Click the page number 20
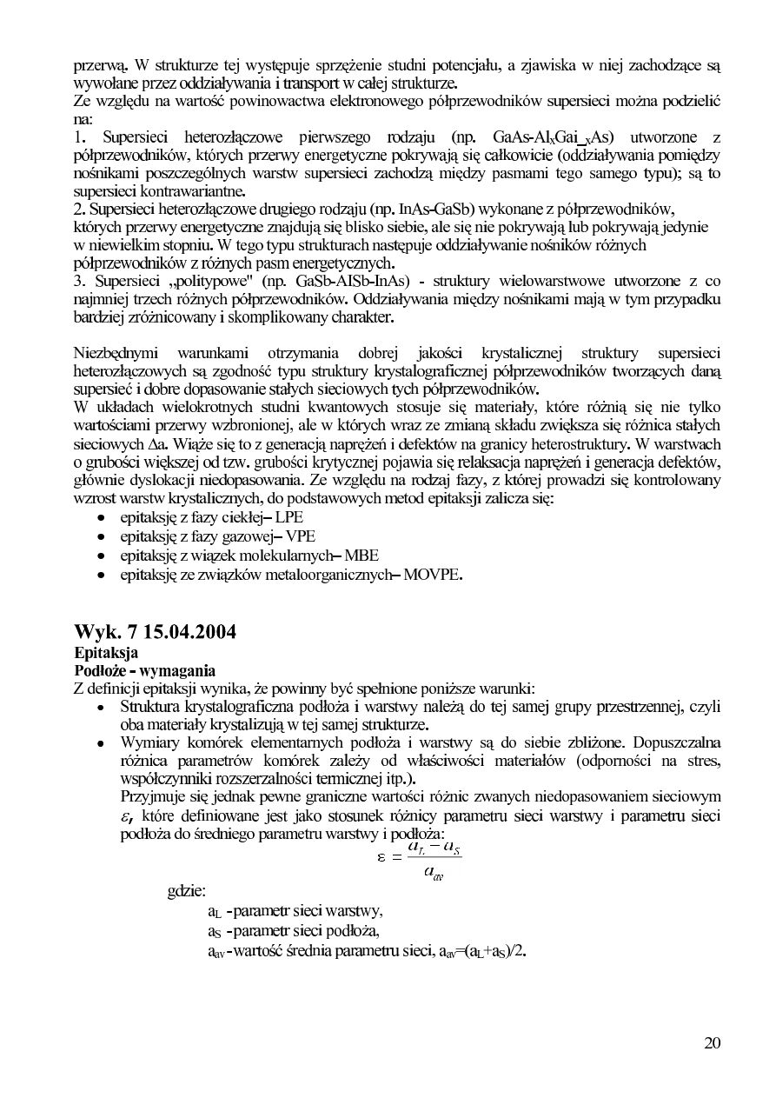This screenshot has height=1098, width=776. pyautogui.click(x=712, y=1044)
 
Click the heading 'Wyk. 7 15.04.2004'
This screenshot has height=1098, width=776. pyautogui.click(x=156, y=632)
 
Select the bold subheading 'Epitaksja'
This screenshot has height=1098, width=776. pyautogui.click(x=106, y=651)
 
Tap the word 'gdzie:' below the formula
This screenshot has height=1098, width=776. pyautogui.click(x=187, y=891)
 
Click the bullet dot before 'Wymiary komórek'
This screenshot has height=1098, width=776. pyautogui.click(x=103, y=745)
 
